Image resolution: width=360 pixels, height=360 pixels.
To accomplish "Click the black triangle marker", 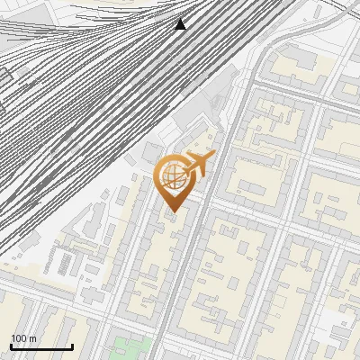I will pyautogui.click(x=181, y=24).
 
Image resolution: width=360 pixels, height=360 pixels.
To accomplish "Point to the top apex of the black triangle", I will pyautogui.click(x=181, y=18).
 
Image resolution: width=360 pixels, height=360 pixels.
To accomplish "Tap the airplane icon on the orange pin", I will pyautogui.click(x=198, y=163).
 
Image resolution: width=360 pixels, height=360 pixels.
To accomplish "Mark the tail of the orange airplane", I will pyautogui.click(x=185, y=166).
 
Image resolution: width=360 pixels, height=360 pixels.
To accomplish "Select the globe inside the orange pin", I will pyautogui.click(x=173, y=178).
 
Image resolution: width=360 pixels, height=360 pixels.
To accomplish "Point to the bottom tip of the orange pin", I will pyautogui.click(x=173, y=213).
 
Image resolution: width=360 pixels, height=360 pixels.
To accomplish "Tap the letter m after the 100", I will pyautogui.click(x=32, y=338).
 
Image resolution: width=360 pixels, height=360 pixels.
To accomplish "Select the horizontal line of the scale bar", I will pyautogui.click(x=41, y=346).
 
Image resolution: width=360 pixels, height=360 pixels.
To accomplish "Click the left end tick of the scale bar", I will pyautogui.click(x=11, y=345).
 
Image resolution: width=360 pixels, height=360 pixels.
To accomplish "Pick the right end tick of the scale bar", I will pyautogui.click(x=72, y=345).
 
